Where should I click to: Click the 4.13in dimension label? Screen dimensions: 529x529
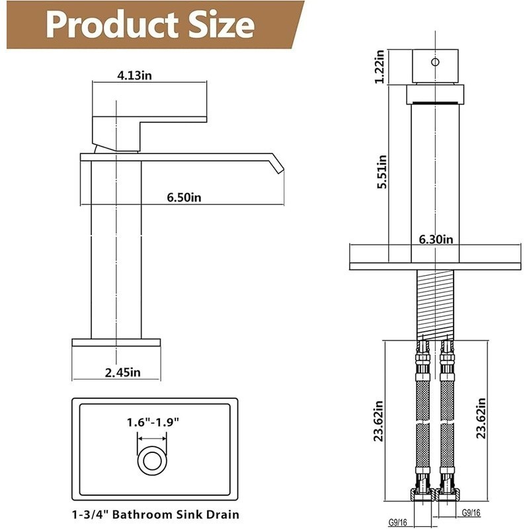pos(134,75)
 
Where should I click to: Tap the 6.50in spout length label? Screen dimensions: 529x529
pos(184,197)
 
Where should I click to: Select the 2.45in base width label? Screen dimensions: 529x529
pos(123,372)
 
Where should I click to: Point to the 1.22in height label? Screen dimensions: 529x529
pos(380,67)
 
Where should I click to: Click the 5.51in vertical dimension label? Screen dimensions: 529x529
pos(382,172)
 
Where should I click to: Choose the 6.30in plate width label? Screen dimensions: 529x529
pos(436,239)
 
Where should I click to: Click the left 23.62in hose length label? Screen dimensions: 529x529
pos(378,421)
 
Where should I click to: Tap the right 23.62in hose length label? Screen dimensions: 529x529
pos(481,419)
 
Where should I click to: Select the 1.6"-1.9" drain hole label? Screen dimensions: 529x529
pos(153,422)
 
